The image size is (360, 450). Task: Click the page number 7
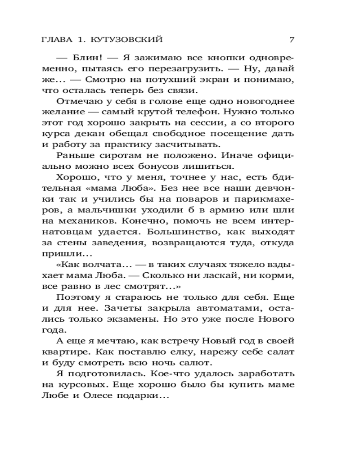(292, 40)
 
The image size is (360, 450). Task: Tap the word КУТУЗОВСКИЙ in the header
(126, 40)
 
